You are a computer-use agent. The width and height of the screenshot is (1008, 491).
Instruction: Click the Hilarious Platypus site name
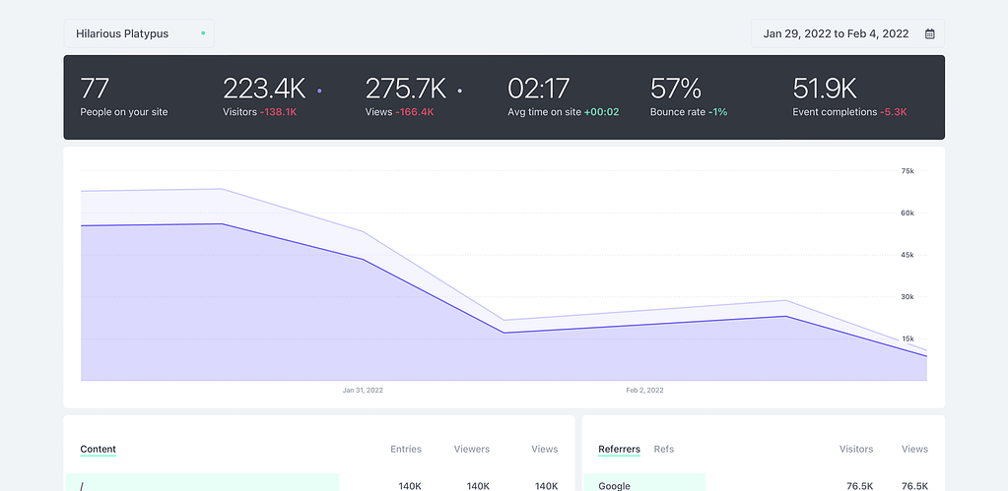(122, 33)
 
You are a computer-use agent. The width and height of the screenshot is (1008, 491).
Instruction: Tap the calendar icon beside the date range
(929, 34)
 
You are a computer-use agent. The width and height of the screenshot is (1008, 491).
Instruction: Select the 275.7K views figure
(406, 89)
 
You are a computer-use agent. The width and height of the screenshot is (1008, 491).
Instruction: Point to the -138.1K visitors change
(279, 112)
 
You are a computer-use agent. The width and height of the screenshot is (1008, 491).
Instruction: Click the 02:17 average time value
(538, 89)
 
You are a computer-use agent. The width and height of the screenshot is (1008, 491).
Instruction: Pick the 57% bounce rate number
(675, 89)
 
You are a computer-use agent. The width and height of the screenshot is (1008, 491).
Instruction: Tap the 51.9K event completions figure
(825, 89)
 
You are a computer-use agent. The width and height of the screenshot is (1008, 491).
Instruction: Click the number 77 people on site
(95, 89)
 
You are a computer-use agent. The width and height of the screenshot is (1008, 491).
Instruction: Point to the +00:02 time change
(601, 112)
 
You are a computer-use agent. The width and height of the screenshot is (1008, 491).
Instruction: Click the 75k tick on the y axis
(907, 171)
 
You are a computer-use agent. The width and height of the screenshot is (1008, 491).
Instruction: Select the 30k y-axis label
(907, 297)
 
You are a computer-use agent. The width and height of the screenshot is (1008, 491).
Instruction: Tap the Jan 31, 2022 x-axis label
(363, 391)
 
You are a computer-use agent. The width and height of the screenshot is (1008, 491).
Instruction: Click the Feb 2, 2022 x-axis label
(644, 391)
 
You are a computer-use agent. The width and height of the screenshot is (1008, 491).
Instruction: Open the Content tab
(98, 449)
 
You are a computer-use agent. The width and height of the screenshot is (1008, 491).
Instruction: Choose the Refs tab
(664, 449)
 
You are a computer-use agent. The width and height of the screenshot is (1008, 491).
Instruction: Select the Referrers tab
(619, 449)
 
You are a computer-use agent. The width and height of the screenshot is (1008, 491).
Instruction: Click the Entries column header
(406, 449)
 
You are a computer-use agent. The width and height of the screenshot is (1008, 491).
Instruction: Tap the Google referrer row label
(614, 485)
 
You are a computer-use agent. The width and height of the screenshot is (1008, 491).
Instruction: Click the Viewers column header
(472, 449)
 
